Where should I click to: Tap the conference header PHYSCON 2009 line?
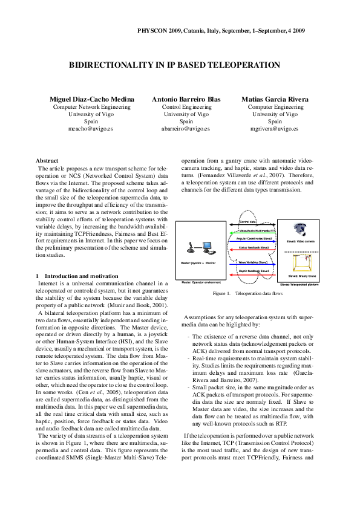[221, 30]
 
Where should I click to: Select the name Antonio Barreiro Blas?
[186, 99]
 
